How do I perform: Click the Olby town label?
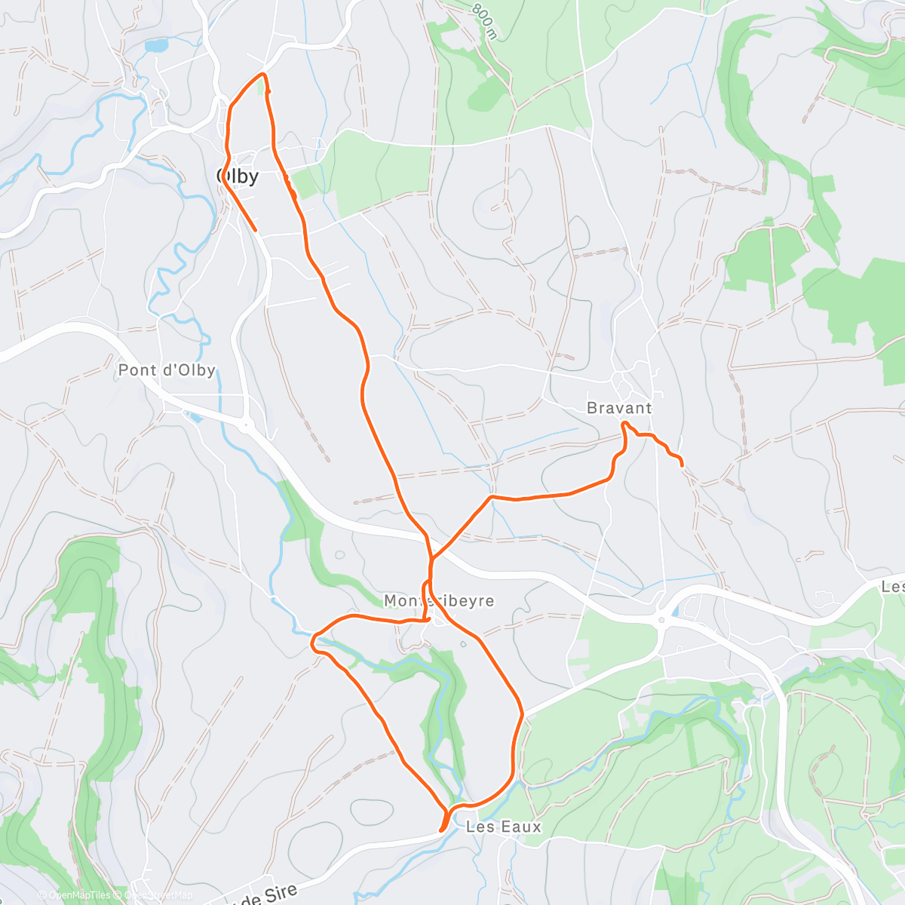tap(238, 176)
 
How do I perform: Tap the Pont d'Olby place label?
tap(167, 370)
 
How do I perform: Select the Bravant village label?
tap(619, 408)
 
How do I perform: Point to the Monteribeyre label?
tap(439, 601)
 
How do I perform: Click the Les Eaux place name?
tap(504, 827)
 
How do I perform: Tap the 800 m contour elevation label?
tap(485, 20)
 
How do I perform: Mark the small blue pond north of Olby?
tap(157, 46)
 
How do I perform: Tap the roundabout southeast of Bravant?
tap(661, 620)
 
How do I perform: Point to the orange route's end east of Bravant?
tap(683, 466)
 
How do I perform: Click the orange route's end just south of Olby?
tap(256, 229)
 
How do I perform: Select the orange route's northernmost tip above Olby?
tap(262, 74)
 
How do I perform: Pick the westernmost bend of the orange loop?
tap(312, 643)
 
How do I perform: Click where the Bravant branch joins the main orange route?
tap(431, 559)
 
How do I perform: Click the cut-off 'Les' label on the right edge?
tap(893, 587)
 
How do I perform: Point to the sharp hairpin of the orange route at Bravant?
tap(624, 425)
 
